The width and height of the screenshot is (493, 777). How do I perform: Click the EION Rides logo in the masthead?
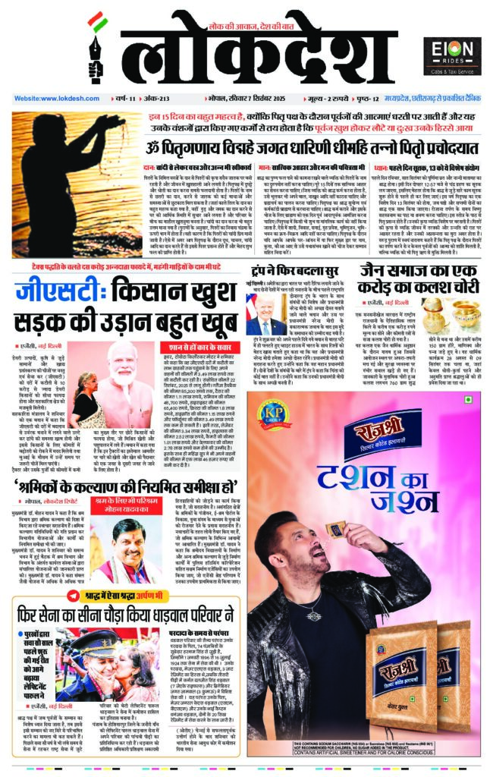pyautogui.click(x=451, y=55)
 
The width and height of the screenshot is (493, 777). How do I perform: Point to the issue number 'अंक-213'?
pyautogui.click(x=144, y=99)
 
